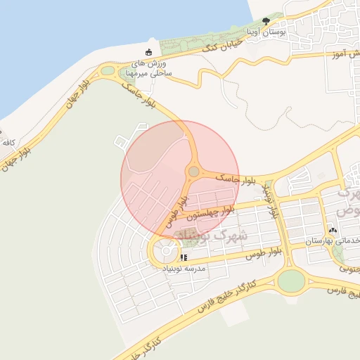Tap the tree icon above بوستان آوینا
[266, 22]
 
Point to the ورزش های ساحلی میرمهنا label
[148, 69]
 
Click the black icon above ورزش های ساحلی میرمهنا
[148, 52]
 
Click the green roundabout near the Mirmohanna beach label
[108, 71]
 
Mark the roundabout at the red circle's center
[193, 172]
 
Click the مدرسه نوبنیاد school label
[184, 269]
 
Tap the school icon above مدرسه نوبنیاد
[184, 257]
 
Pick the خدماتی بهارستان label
[332, 240]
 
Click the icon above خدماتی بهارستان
[332, 229]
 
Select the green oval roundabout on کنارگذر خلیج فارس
[291, 281]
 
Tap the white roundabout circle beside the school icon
[167, 250]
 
